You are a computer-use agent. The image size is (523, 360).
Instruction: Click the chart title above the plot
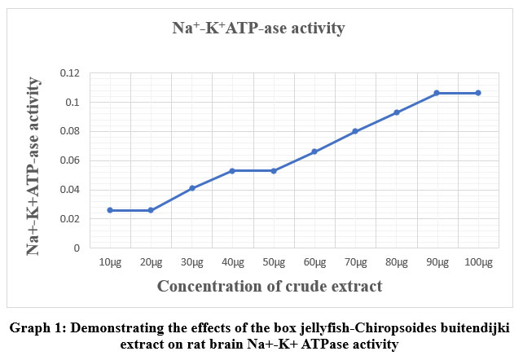coord(258,29)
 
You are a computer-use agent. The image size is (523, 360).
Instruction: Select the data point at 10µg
coord(109,210)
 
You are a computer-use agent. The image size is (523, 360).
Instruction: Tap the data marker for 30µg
coord(191,188)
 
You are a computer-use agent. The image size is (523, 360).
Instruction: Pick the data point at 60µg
coord(314,151)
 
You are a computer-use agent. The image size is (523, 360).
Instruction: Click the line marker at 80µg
coord(397,112)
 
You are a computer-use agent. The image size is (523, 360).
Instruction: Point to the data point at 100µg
coord(478,93)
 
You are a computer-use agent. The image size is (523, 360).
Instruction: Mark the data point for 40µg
coord(232,171)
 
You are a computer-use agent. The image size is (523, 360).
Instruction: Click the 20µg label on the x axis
coord(150,262)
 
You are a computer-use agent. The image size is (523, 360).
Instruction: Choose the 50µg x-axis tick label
coord(273,262)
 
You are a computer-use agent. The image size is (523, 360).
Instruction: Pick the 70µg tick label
coord(355,262)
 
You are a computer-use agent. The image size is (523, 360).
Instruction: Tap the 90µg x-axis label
coord(437,262)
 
